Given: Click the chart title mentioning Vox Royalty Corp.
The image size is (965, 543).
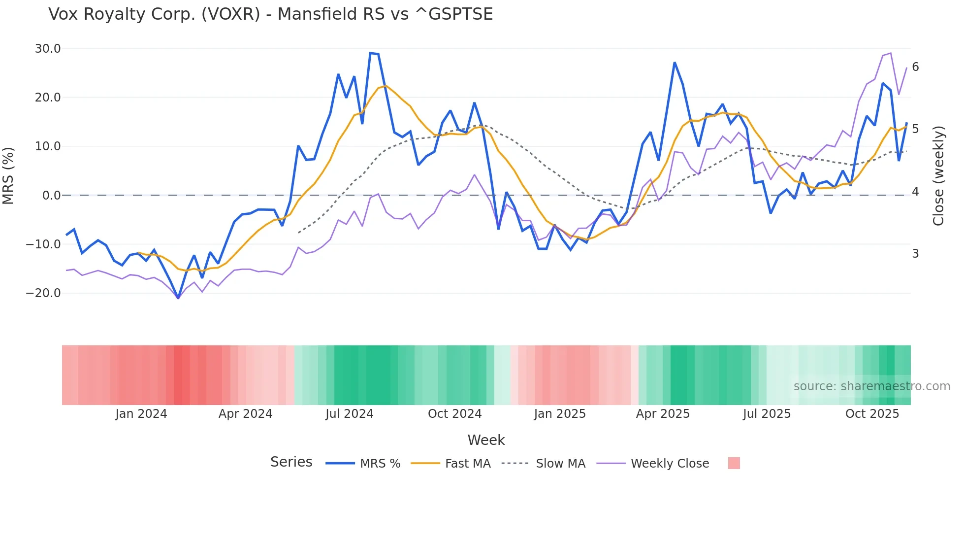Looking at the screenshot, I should click(x=270, y=14).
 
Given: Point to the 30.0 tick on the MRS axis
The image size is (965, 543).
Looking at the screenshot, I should click(x=48, y=49).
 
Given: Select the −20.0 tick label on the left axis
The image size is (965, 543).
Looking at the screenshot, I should click(x=43, y=293).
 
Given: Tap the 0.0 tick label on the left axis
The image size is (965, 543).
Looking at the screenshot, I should click(x=51, y=196).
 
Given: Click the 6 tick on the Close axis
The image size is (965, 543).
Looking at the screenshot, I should click(x=915, y=67).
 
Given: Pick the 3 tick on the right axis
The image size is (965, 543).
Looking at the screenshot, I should click(x=915, y=254).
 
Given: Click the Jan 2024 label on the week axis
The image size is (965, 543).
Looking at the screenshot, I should click(x=141, y=414).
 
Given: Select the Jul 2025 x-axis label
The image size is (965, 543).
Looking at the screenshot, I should click(x=767, y=414).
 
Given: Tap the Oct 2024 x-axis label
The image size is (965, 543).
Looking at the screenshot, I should click(x=454, y=414).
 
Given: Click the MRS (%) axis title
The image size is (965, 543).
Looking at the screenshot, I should click(x=8, y=175).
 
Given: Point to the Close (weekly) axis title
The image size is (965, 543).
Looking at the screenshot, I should click(x=938, y=175).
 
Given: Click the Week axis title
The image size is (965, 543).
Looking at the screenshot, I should click(x=486, y=440).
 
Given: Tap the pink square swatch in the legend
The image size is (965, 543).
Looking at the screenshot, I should click(x=734, y=463).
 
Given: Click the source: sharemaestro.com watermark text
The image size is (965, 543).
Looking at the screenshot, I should click(x=871, y=386).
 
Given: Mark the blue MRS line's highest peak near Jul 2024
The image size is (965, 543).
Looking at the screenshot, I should click(x=370, y=53).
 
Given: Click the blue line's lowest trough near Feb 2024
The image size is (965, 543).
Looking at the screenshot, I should click(x=178, y=298).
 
